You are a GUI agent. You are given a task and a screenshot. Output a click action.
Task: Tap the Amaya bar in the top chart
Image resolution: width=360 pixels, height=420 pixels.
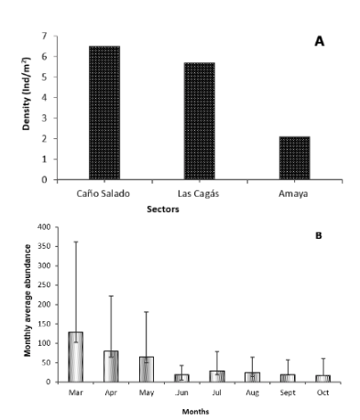coord(295,157)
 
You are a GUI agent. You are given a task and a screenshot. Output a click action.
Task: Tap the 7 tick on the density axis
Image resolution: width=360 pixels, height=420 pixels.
coord(44,37)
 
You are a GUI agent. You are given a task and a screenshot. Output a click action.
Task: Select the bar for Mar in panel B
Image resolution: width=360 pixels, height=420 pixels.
coord(75,357)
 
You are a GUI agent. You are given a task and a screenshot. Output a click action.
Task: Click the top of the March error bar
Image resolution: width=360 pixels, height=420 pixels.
coord(75,242)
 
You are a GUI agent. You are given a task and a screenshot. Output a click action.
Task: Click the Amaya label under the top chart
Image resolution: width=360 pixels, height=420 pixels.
coord(295,195)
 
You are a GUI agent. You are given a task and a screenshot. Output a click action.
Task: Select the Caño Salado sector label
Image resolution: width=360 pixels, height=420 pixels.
coord(101,195)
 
